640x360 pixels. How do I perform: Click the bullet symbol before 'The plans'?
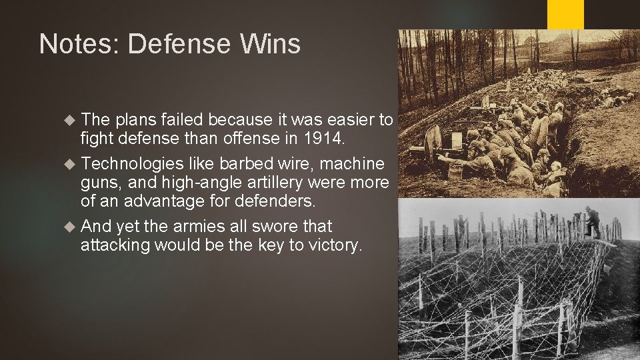click(71, 120)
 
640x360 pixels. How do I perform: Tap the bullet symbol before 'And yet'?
click(71, 227)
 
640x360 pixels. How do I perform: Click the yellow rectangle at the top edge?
click(565, 13)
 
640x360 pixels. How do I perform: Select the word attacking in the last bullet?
click(115, 245)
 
